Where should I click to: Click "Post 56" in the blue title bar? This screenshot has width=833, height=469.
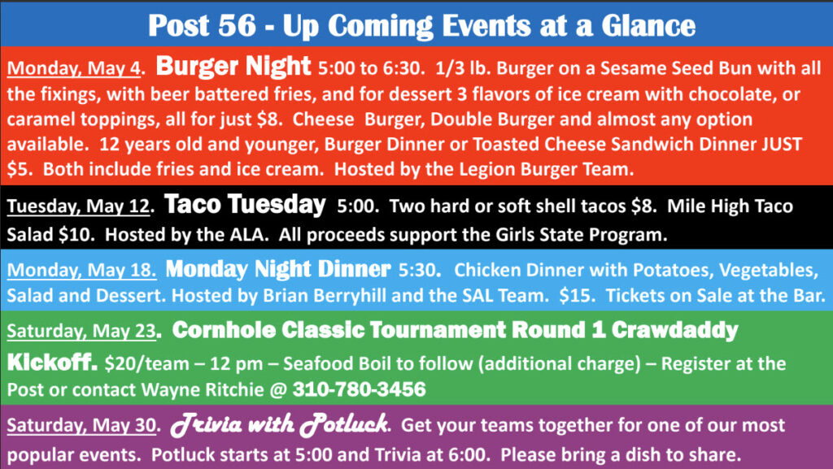click(202, 25)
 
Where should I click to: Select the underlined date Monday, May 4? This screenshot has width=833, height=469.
click(74, 68)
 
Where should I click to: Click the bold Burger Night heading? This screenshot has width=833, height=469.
click(233, 67)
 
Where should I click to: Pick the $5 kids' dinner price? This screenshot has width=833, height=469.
click(17, 169)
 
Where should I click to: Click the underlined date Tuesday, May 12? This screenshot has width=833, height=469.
click(79, 206)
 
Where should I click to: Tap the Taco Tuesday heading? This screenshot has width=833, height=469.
click(245, 204)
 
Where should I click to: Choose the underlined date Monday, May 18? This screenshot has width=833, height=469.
click(81, 270)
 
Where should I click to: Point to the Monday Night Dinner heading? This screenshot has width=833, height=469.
click(278, 269)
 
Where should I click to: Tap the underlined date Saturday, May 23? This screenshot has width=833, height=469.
click(81, 331)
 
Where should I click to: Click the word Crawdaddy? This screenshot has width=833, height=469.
click(674, 330)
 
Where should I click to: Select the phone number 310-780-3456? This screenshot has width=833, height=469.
click(359, 389)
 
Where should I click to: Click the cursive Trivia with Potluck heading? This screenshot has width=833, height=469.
click(280, 424)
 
